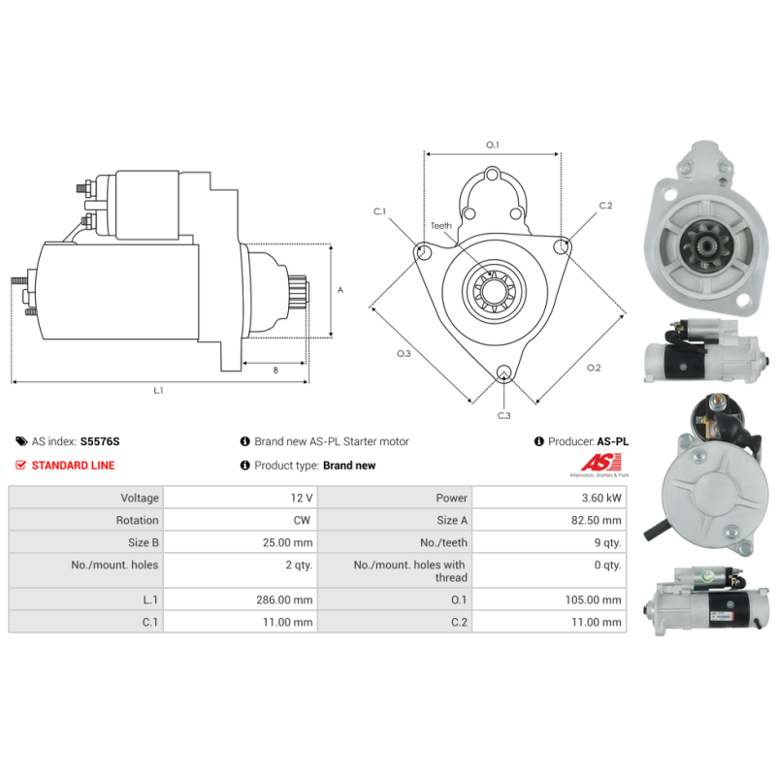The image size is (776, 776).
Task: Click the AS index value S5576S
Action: coord(100,441)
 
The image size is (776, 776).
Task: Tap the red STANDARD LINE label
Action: coord(73,466)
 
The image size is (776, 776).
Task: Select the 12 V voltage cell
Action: coord(301,499)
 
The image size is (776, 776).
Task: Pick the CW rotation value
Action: coord(303,520)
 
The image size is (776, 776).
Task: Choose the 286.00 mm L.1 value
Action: coord(290,600)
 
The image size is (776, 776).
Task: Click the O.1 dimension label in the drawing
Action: coord(492,145)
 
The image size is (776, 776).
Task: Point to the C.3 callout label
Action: coord(503,415)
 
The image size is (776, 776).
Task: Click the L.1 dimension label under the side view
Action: coord(158,390)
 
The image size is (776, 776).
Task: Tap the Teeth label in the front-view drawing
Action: coord(441,226)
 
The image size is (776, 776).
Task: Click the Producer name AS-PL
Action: coord(612,441)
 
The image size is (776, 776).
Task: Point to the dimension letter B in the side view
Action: coord(275,370)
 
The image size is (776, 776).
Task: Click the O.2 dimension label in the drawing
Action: coord(594,368)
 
